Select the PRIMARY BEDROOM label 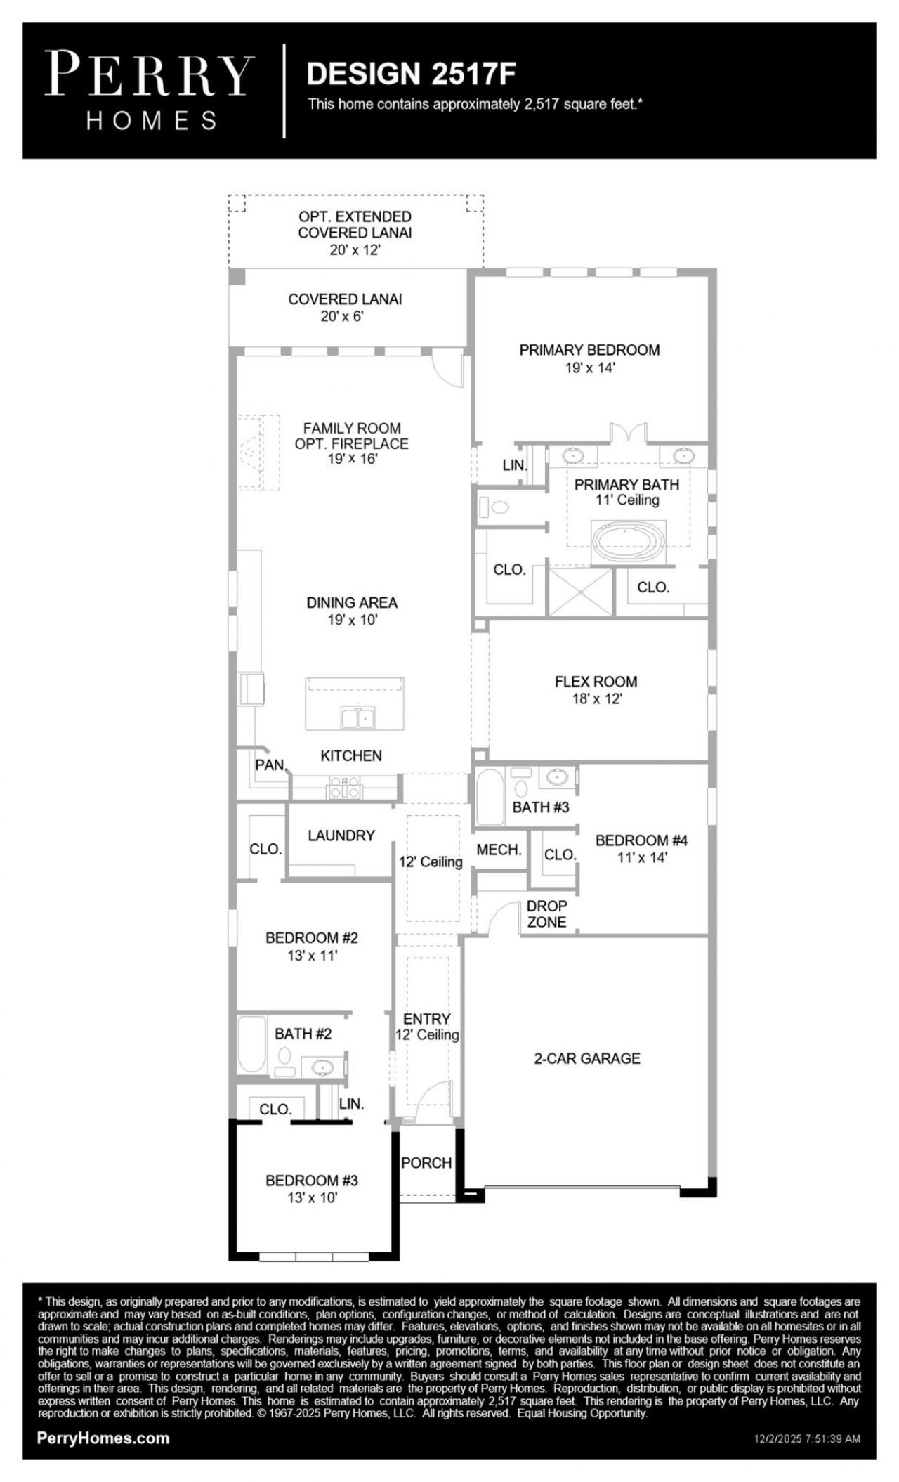pyautogui.click(x=589, y=350)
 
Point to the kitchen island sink pyautogui.click(x=358, y=717)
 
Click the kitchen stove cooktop pyautogui.click(x=345, y=786)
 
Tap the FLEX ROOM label pyautogui.click(x=596, y=682)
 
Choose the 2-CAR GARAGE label pyautogui.click(x=587, y=1058)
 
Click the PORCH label pyautogui.click(x=426, y=1163)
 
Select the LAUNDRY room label pyautogui.click(x=341, y=836)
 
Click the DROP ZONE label pyautogui.click(x=546, y=914)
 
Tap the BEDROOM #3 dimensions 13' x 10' pyautogui.click(x=312, y=1198)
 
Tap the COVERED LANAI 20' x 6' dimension pyautogui.click(x=342, y=316)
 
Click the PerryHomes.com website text pyautogui.click(x=103, y=1438)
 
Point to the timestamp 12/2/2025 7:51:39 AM pyautogui.click(x=807, y=1438)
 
